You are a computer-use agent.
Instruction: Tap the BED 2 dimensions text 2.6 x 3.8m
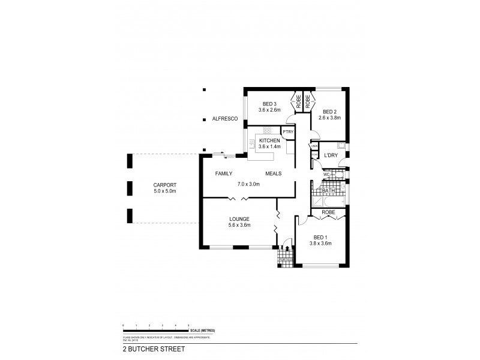pos(331,118)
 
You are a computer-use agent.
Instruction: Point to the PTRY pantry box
pos(288,132)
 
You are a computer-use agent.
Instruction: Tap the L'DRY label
pos(331,155)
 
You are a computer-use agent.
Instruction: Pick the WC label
pos(326,175)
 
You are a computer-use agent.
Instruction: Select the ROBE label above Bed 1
pos(328,212)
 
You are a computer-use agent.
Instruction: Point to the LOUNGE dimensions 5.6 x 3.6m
pos(239,225)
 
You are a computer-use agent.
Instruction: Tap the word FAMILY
pos(225,173)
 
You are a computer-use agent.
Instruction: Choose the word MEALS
pos(274,173)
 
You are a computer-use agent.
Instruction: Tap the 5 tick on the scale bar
pos(189,325)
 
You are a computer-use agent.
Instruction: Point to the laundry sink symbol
pos(341,145)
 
